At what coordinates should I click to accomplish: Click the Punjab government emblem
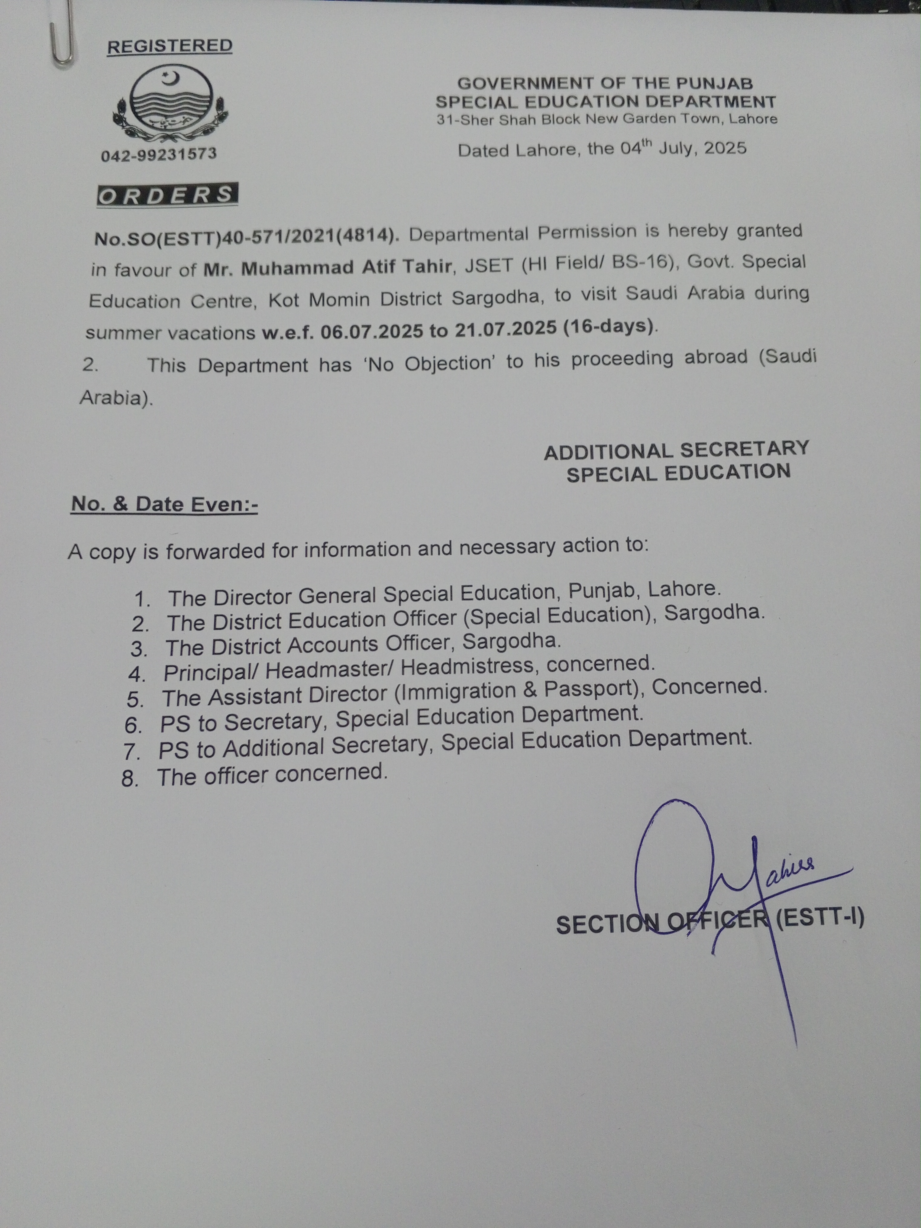170,104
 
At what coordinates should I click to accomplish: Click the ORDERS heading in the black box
168,195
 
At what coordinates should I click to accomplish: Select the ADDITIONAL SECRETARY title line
676,450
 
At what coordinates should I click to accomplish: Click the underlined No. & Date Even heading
164,504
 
